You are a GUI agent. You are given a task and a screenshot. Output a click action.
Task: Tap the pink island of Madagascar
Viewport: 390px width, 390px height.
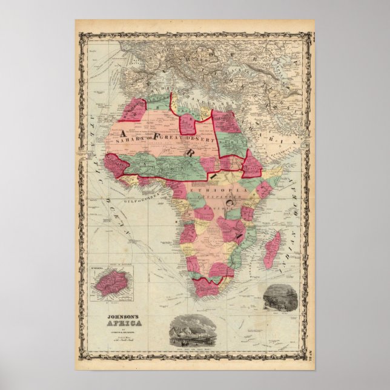[x=272, y=251]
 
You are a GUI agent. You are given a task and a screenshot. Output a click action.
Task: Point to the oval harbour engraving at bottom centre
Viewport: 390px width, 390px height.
[x=194, y=332]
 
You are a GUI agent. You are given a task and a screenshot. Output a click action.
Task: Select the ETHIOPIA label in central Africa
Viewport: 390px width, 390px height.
[x=209, y=191]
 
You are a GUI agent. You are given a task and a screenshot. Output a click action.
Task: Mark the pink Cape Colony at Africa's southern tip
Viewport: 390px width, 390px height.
[x=206, y=288]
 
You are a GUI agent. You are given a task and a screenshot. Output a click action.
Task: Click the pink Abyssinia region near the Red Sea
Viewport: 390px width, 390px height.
[x=251, y=165]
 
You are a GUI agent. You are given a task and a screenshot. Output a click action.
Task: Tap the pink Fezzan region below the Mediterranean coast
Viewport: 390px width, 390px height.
[x=188, y=124]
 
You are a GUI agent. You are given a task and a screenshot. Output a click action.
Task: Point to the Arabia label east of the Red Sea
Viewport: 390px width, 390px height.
[x=285, y=133]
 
